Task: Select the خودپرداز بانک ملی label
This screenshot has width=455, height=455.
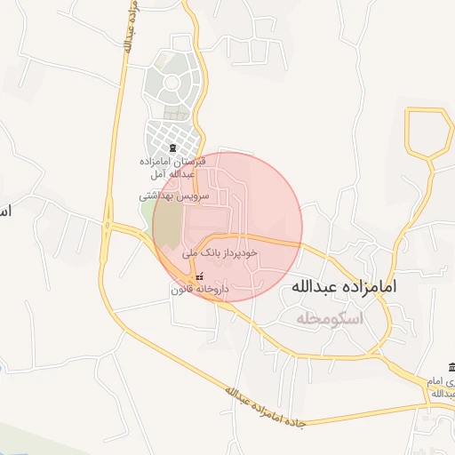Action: click(220, 253)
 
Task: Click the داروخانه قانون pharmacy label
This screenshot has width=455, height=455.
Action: click(200, 290)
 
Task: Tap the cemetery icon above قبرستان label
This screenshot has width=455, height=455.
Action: click(172, 148)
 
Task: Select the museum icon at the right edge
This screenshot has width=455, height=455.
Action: click(451, 368)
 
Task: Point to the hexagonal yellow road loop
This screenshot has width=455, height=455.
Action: click(429, 134)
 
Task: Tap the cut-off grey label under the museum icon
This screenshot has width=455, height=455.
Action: click(442, 386)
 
